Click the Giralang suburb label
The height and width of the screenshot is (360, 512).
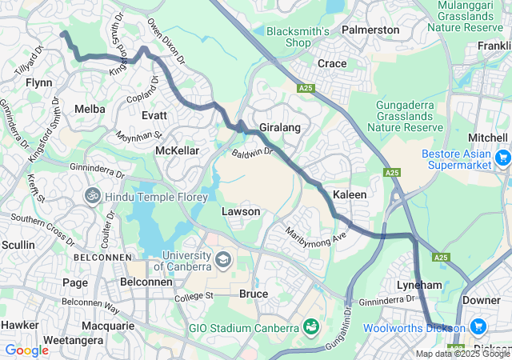point(279,126)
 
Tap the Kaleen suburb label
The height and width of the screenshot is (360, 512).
point(350,194)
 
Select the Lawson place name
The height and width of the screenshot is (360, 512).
point(240,211)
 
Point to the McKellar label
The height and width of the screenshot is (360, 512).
point(177,150)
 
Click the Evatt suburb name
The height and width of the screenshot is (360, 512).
point(154,115)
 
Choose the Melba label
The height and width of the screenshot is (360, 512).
point(89,108)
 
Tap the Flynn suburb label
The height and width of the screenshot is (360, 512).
point(38,82)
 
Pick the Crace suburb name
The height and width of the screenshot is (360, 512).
point(332,63)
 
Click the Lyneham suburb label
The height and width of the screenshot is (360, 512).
point(419,285)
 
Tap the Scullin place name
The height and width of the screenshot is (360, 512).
point(18,244)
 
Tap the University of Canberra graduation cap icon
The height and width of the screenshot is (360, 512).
point(222,258)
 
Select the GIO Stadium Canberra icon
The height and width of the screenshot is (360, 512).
point(310,326)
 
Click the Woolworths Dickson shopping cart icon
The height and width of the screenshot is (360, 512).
point(478,326)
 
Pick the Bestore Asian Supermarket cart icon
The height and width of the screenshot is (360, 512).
point(502,158)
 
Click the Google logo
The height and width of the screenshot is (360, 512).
point(27,350)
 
